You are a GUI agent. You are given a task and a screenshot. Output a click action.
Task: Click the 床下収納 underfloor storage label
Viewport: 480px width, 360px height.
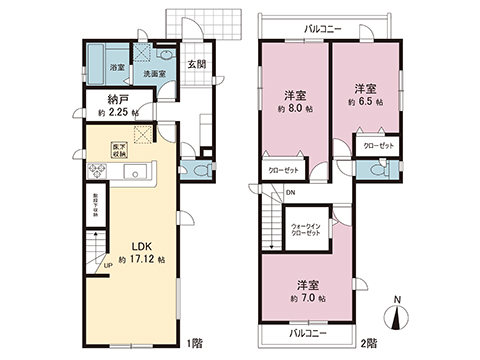tap(120, 151)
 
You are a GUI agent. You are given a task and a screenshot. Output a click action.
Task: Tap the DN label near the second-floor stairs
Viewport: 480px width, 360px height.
tap(290, 192)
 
